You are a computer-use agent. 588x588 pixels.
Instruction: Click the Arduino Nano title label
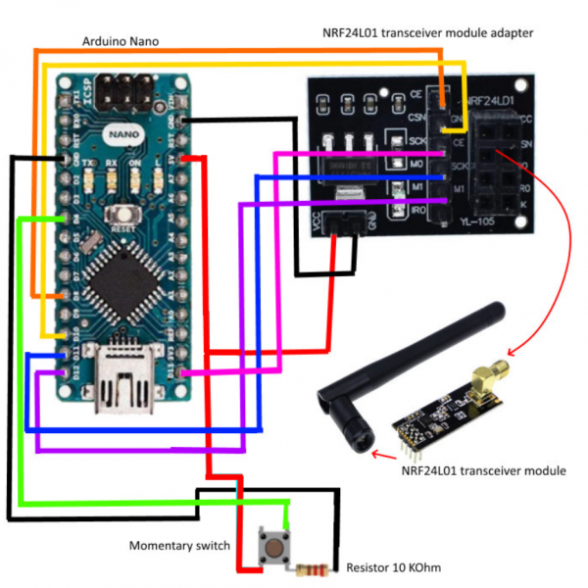(119, 41)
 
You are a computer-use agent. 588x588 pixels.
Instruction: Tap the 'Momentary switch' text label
(181, 545)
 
